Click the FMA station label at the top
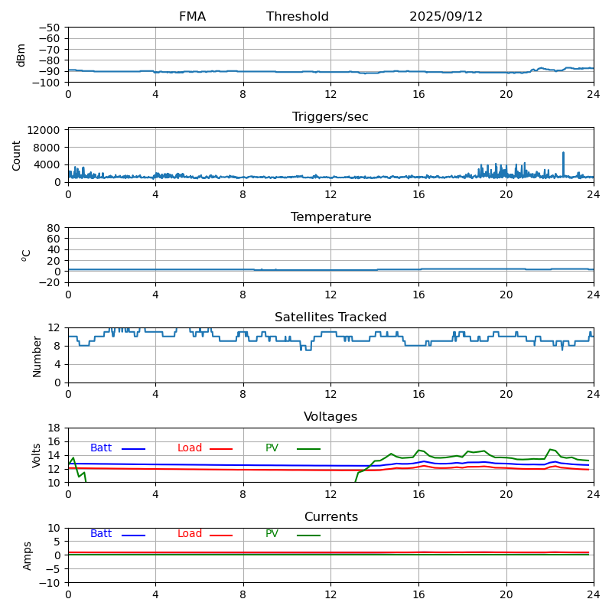192,17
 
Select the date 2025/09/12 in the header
446,17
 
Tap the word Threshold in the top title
298,17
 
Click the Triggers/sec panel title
330,117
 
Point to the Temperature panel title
330,217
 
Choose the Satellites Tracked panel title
330,317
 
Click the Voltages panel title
330,417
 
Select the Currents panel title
330,517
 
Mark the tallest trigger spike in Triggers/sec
563,153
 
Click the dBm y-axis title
21,54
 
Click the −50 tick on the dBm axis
49,28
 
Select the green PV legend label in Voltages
272,448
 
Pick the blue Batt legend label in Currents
101,534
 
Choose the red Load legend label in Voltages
190,448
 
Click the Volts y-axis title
37,455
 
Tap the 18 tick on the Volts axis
54,428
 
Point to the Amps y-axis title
28,555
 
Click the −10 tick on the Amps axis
49,583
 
